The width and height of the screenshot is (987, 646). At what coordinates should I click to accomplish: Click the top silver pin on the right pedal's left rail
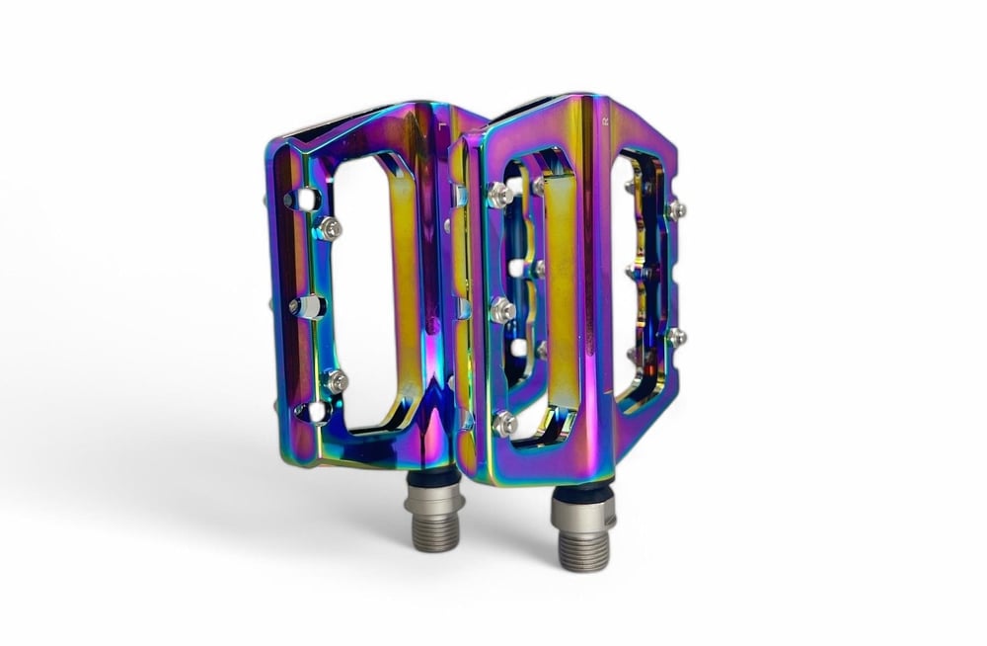(501, 195)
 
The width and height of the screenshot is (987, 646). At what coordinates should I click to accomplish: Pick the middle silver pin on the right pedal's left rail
(502, 309)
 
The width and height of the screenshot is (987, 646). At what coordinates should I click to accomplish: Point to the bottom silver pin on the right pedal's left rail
(504, 423)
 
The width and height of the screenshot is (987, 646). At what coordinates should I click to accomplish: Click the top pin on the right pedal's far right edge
(676, 208)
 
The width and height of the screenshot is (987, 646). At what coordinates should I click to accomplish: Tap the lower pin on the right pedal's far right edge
(676, 336)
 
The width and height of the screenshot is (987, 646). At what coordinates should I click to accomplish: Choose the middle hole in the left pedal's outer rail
(307, 306)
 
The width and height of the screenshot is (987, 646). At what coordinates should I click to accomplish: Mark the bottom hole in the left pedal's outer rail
(314, 411)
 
